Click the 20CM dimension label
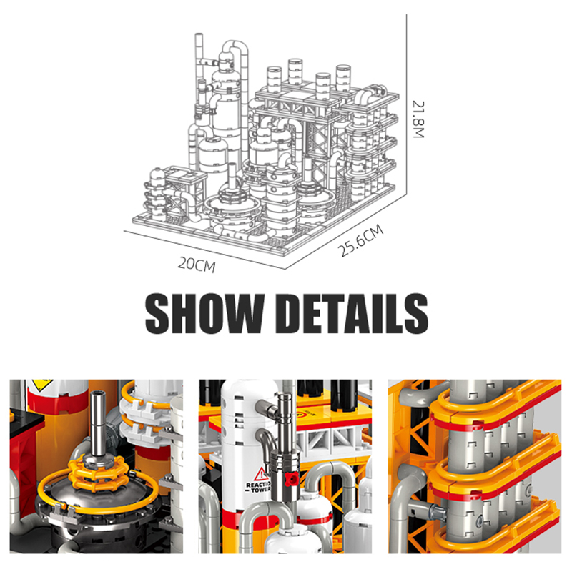(x=196, y=265)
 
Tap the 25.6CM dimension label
(x=360, y=240)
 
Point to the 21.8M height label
(x=418, y=119)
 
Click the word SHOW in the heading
(x=204, y=314)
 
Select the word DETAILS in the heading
(x=352, y=314)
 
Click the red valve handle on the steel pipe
(x=291, y=479)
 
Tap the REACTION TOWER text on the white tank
(x=258, y=487)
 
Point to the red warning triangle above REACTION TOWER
(x=261, y=474)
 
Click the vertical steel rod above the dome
(x=98, y=423)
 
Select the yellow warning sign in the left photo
(x=42, y=384)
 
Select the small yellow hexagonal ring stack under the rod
(x=99, y=473)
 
